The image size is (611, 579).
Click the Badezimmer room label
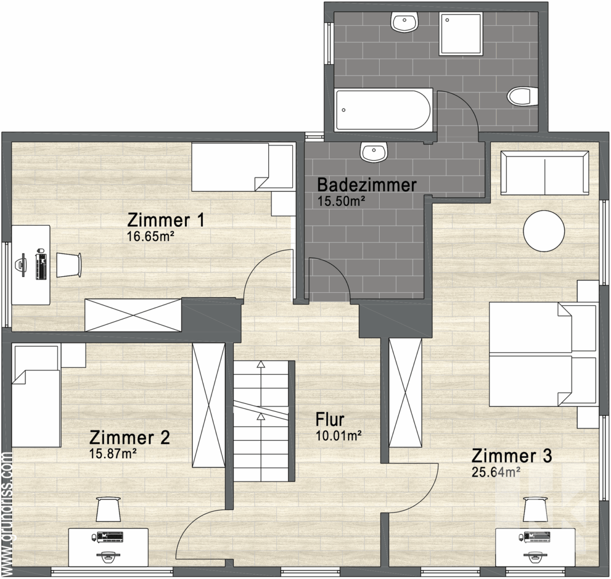(x=367, y=185)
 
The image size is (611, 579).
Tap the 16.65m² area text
(x=152, y=236)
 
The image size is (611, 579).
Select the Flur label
(x=330, y=420)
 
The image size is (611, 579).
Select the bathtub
(x=382, y=110)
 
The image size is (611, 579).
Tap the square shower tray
(x=461, y=33)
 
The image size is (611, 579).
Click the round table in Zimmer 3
(x=544, y=230)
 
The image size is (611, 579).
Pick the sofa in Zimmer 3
(x=544, y=173)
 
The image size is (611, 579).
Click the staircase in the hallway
(x=261, y=421)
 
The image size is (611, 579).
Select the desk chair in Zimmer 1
(x=69, y=265)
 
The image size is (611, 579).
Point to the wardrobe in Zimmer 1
(x=133, y=315)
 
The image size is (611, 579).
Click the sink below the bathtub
(x=373, y=153)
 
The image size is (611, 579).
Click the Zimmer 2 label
(x=130, y=437)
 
